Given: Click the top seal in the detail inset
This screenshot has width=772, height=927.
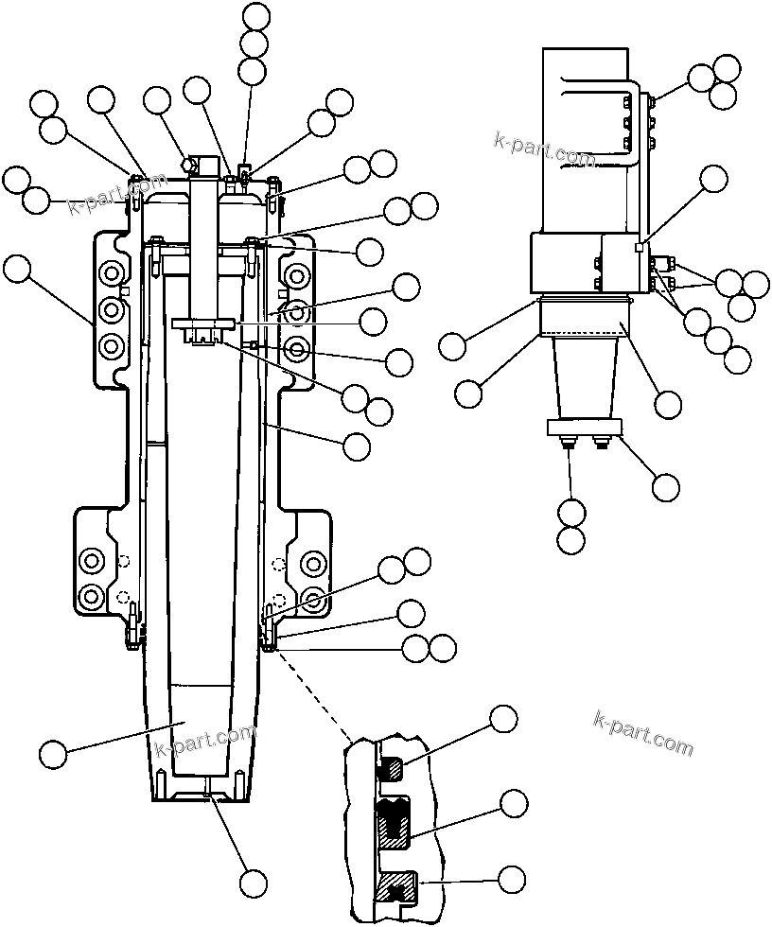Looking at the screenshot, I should click(x=391, y=768).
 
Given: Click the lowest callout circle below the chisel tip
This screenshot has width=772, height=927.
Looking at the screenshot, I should click(x=253, y=883).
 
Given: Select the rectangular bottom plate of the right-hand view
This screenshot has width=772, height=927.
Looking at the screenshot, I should click(x=584, y=428).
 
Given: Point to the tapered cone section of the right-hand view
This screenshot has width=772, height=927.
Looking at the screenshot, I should click(x=582, y=378).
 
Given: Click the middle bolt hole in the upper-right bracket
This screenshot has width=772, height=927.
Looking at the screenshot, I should click(x=298, y=311).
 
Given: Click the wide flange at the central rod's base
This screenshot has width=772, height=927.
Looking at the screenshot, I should click(x=202, y=324).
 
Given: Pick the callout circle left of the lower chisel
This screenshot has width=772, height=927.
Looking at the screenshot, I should click(x=54, y=754).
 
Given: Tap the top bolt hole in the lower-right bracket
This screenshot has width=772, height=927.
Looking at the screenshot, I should click(x=314, y=562).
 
